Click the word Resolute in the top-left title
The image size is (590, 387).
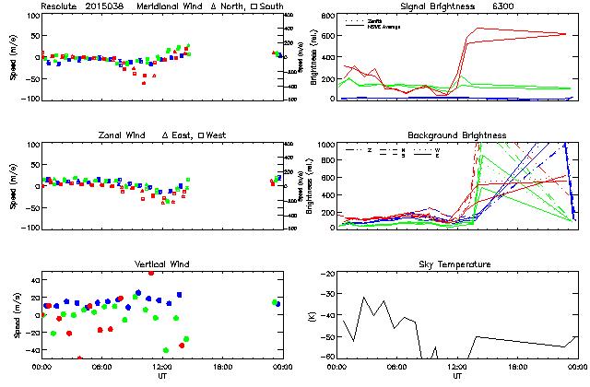pyautogui.click(x=60, y=6)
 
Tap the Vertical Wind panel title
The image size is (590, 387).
pyautogui.click(x=159, y=264)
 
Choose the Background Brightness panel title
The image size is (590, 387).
pyautogui.click(x=456, y=135)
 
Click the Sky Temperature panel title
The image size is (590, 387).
pyautogui.click(x=456, y=264)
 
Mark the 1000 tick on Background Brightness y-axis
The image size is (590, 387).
pyautogui.click(x=326, y=145)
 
